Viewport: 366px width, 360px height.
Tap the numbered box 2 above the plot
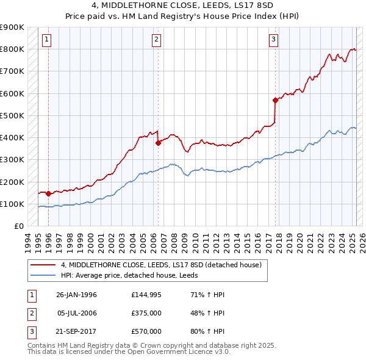point(157,40)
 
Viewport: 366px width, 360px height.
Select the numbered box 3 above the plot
point(274,40)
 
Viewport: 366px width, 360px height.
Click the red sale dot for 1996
point(48,194)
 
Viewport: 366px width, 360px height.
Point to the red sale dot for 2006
point(158,143)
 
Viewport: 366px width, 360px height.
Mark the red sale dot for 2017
point(275,100)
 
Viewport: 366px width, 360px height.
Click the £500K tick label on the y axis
point(12,115)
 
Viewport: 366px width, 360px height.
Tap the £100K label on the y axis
point(12,204)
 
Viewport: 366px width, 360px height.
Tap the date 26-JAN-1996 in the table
point(76,295)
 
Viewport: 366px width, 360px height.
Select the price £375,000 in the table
point(146,313)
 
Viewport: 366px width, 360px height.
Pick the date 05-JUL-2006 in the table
point(76,313)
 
